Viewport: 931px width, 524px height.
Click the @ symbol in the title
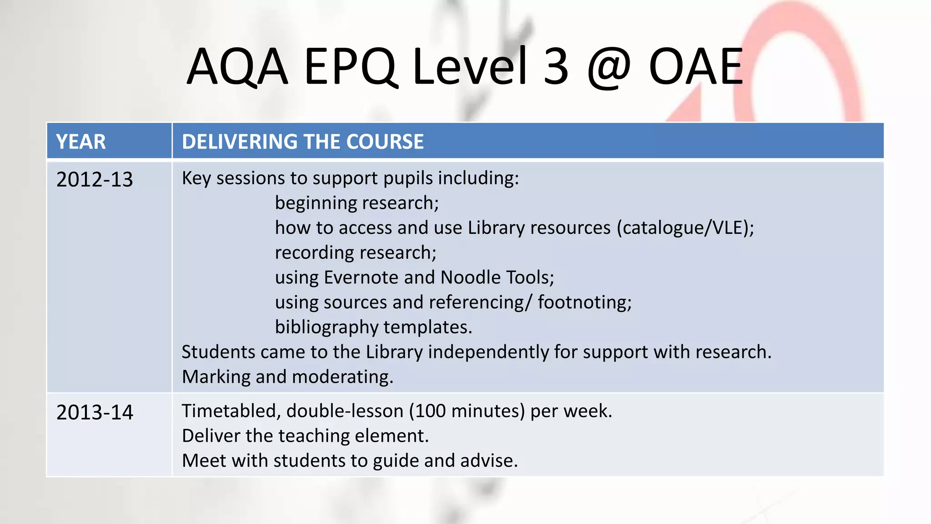[x=609, y=68]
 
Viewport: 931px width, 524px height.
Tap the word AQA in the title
[x=238, y=67]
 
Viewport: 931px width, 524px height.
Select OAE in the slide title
[x=696, y=67]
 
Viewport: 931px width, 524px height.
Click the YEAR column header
[x=81, y=141]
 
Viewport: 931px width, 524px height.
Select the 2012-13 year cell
[x=95, y=180]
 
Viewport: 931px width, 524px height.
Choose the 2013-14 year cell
[x=95, y=413]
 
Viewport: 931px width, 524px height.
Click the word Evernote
[x=361, y=277]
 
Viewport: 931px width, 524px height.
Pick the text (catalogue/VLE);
[x=685, y=228]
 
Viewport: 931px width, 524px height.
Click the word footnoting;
[x=585, y=302]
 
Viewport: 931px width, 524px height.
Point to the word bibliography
[x=326, y=327]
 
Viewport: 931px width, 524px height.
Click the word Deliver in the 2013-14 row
[x=211, y=436]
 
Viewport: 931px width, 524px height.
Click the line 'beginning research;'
[x=357, y=203]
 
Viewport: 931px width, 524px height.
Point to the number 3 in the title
[x=556, y=67]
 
